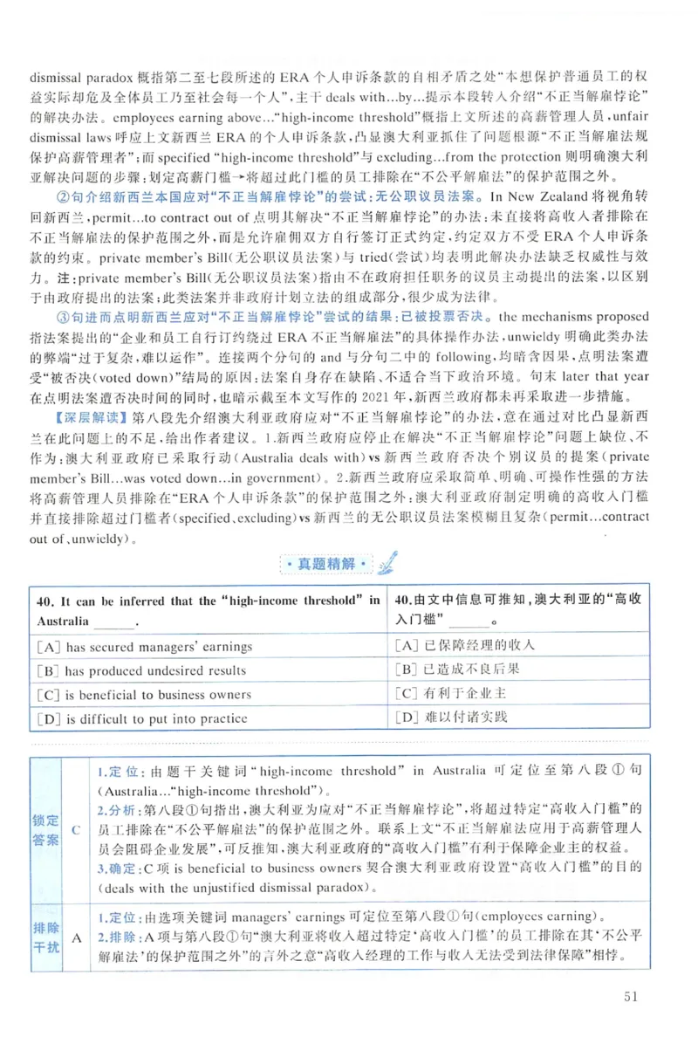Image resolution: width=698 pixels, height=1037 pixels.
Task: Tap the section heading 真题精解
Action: click(x=325, y=563)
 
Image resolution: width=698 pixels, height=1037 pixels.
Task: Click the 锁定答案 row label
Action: click(x=46, y=830)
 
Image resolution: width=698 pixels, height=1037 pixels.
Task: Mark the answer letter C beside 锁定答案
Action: click(x=77, y=830)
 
